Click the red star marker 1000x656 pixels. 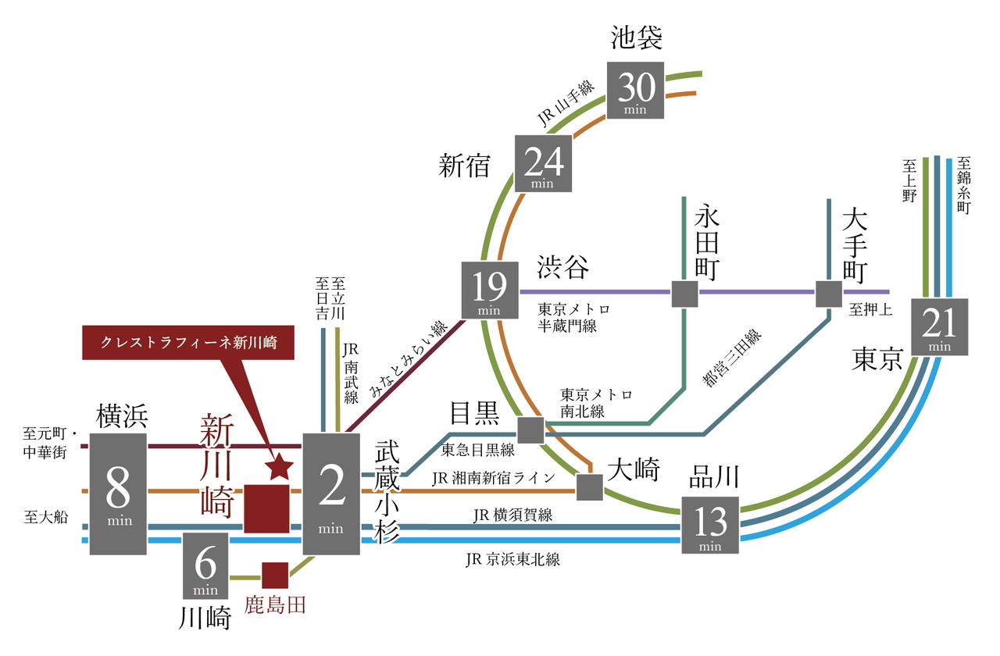coord(280,467)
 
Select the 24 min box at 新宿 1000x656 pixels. coord(543,162)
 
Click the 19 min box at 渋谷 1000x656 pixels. coord(490,289)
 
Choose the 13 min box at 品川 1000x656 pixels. coord(710,524)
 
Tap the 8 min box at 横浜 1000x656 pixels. coord(118,494)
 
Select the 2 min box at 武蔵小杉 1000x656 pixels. coord(331,494)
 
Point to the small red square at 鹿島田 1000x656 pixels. coord(275,575)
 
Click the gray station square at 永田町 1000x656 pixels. coord(684,294)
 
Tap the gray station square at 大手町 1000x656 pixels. coord(829,294)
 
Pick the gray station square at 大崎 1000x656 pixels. coord(589,487)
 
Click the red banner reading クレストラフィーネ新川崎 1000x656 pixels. coord(187,342)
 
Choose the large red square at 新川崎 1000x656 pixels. coord(266,508)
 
